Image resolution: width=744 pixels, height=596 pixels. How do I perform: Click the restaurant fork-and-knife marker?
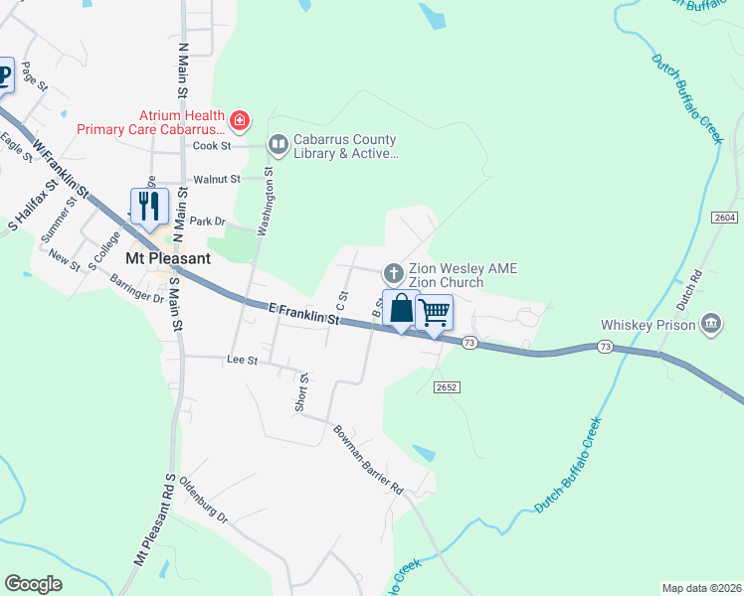(148, 207)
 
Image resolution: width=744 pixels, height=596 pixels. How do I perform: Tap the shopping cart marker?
(435, 312)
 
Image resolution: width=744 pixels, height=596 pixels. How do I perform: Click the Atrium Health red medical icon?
(239, 122)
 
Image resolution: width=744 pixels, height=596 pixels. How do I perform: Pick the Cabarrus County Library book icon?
(278, 146)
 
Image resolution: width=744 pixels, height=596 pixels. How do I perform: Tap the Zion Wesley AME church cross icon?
(394, 272)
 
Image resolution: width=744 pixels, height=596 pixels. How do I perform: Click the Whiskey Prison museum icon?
(711, 323)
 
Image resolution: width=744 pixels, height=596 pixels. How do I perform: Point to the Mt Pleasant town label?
(168, 258)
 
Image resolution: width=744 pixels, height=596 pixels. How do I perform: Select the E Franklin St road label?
(304, 314)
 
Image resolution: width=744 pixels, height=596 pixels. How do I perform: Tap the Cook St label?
(212, 145)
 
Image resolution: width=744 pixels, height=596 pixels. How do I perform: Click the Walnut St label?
(217, 179)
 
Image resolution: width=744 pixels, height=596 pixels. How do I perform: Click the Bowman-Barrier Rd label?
(368, 459)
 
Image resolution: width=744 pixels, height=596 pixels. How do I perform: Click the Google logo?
(34, 583)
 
